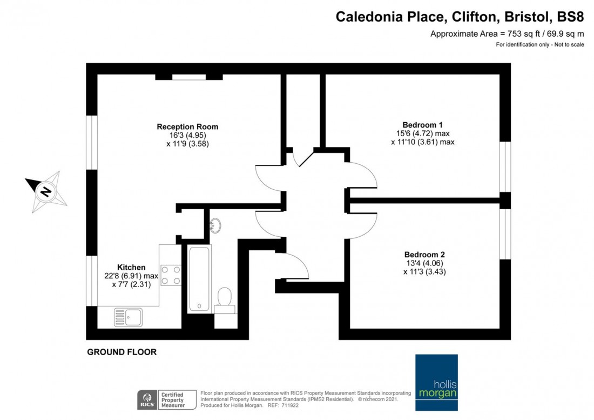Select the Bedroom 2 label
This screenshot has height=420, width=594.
[x=424, y=255]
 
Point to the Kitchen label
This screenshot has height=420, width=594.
[x=131, y=267]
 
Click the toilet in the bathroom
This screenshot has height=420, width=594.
[x=225, y=300]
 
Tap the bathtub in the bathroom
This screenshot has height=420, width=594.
[x=199, y=278]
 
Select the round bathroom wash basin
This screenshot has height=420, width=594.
[x=215, y=225]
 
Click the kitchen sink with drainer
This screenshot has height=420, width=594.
[x=128, y=317]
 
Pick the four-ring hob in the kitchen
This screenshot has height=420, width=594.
[x=171, y=275]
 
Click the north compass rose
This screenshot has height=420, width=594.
[x=46, y=191]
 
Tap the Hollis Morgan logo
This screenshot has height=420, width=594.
[x=436, y=383]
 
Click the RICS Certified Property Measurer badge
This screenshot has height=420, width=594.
[x=162, y=399]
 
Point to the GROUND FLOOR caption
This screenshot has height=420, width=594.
[x=122, y=352]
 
